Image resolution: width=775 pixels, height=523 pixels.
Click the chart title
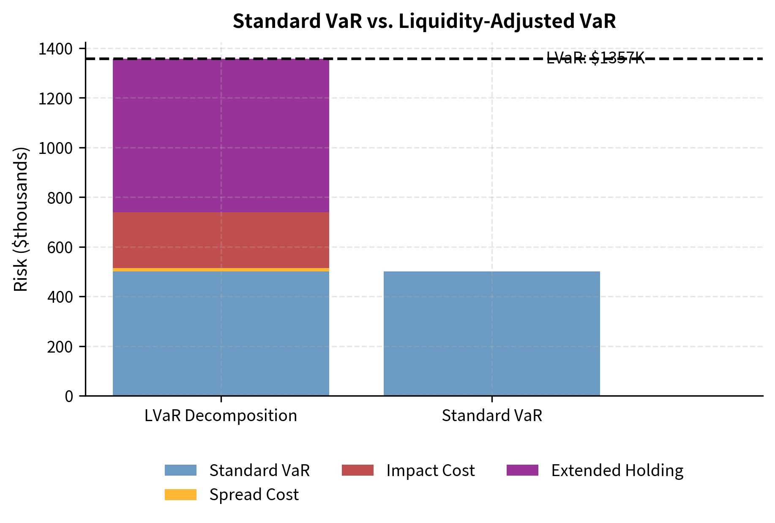tap(424, 21)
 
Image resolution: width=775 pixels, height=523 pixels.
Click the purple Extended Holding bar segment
tap(221, 135)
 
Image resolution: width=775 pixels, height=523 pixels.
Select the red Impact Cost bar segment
tap(221, 240)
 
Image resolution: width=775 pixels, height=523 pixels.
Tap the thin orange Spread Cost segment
tap(221, 269)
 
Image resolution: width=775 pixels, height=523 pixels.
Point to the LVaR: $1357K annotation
tap(595, 58)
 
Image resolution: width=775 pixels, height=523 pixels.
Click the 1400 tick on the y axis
tap(55, 49)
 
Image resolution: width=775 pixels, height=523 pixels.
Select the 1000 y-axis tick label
tap(55, 148)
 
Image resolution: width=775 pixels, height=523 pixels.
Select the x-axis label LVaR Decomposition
tap(221, 416)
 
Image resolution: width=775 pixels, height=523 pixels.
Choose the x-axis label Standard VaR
tap(491, 416)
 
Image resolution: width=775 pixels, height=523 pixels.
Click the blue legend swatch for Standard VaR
tap(180, 470)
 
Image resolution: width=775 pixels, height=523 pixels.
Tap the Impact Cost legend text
tap(430, 471)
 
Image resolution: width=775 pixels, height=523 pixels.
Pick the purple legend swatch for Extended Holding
tap(522, 470)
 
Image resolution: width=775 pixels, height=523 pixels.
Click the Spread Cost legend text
tap(254, 495)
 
